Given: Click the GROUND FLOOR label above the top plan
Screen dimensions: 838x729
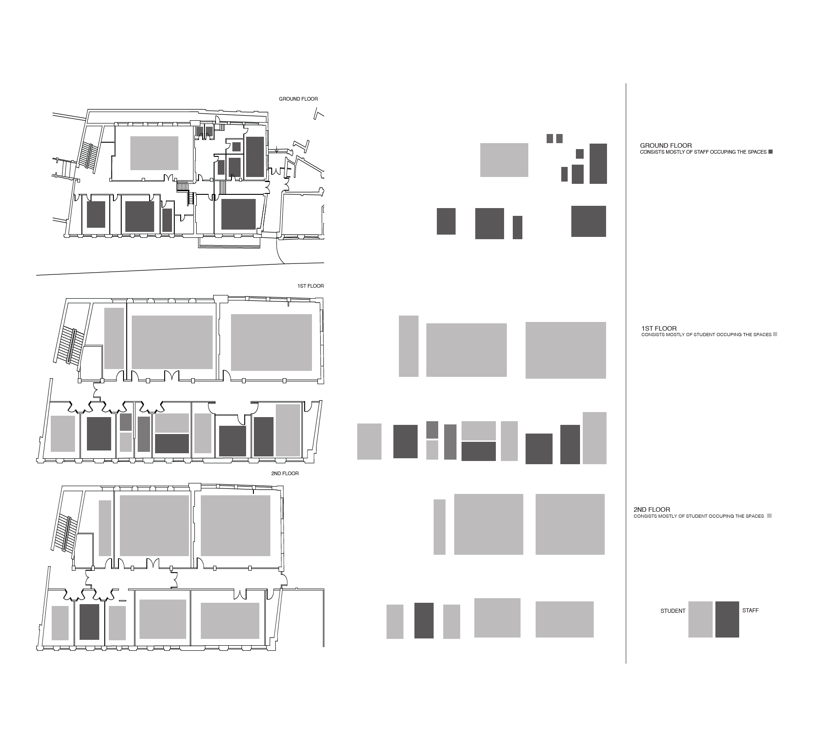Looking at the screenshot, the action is click(298, 99).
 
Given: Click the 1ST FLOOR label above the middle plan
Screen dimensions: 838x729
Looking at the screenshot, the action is click(311, 286).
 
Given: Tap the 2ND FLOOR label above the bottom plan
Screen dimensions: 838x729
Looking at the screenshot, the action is click(285, 473).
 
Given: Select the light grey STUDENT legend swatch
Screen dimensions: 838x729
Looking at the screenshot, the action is click(700, 619).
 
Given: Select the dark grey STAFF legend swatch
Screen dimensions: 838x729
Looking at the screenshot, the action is click(727, 619).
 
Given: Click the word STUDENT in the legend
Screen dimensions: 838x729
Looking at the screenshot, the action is click(673, 611).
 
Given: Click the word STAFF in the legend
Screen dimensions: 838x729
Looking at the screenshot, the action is click(750, 611).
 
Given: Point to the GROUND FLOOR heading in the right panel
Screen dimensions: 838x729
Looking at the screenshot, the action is click(666, 145).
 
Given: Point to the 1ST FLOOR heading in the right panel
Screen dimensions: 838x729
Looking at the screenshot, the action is click(659, 328).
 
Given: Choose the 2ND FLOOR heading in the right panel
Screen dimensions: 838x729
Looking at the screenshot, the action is click(652, 509).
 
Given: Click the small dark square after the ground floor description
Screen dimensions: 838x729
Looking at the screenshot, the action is click(770, 152).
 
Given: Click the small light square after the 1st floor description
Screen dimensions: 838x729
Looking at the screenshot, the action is click(775, 334).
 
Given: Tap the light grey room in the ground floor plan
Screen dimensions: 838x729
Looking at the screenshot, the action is click(154, 153).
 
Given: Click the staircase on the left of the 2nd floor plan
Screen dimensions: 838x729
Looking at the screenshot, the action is click(67, 534).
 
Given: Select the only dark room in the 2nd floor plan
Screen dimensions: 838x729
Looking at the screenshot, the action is click(89, 622).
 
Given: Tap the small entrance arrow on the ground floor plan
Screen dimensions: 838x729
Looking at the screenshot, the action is click(276, 150).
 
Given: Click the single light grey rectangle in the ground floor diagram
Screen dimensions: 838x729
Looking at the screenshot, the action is click(504, 160).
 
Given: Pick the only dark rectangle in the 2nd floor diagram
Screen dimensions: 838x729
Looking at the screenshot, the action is click(424, 621).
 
